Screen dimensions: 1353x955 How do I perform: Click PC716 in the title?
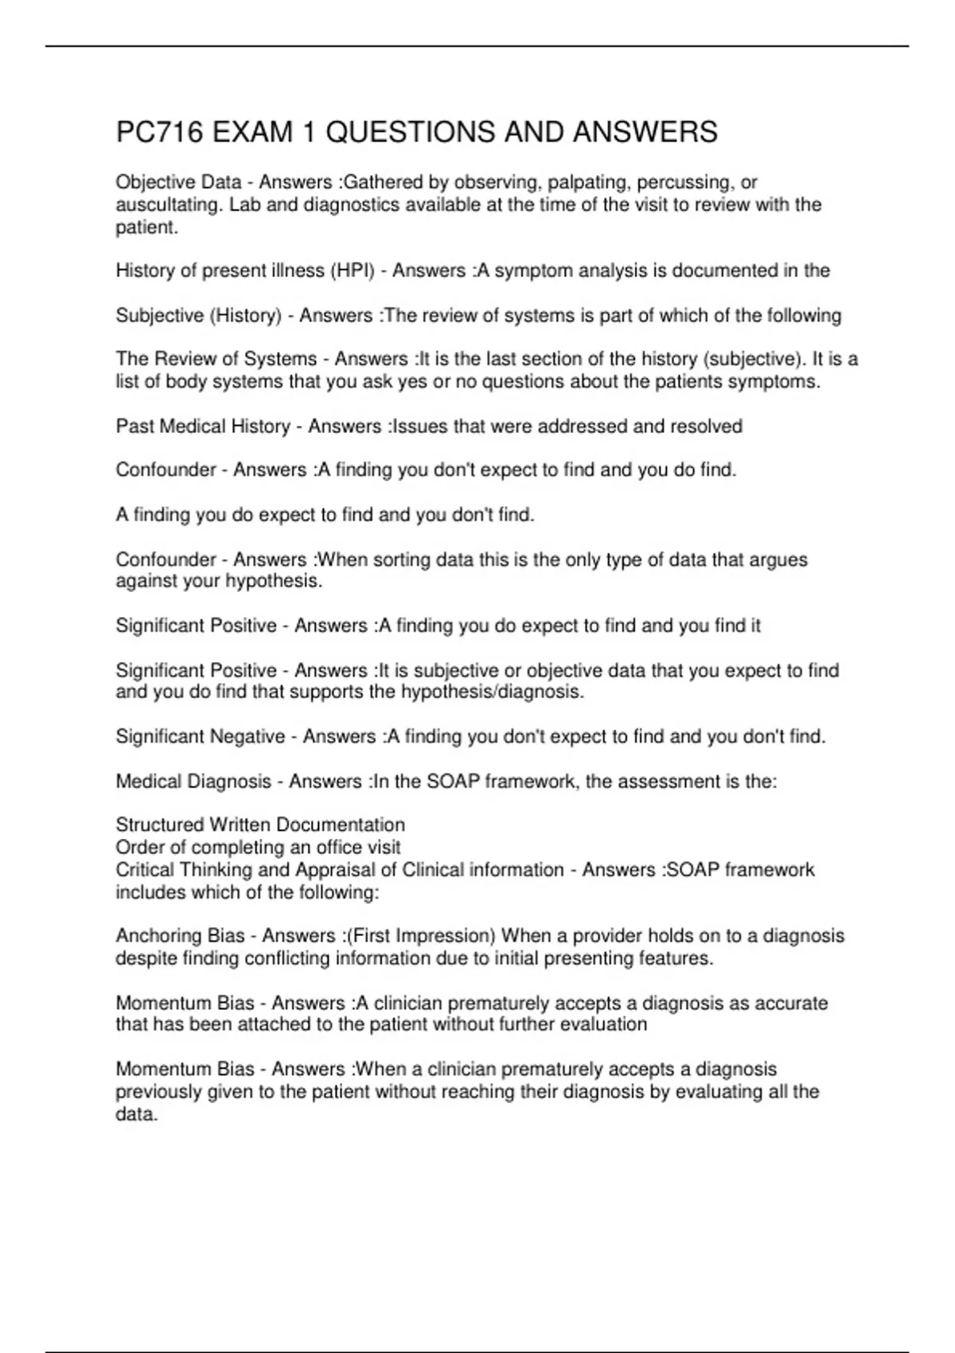point(159,132)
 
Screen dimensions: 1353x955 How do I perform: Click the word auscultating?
point(169,205)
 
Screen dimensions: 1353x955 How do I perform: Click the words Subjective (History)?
point(198,316)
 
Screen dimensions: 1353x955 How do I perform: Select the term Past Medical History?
point(203,427)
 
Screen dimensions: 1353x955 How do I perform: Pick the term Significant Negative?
point(200,737)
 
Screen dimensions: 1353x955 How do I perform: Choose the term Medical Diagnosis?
point(193,782)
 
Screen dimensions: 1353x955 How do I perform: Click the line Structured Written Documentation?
point(260,825)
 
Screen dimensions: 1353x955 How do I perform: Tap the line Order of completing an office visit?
point(258,847)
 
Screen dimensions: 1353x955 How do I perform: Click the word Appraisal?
point(334,869)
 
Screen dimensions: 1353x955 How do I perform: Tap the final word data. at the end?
point(136,1114)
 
